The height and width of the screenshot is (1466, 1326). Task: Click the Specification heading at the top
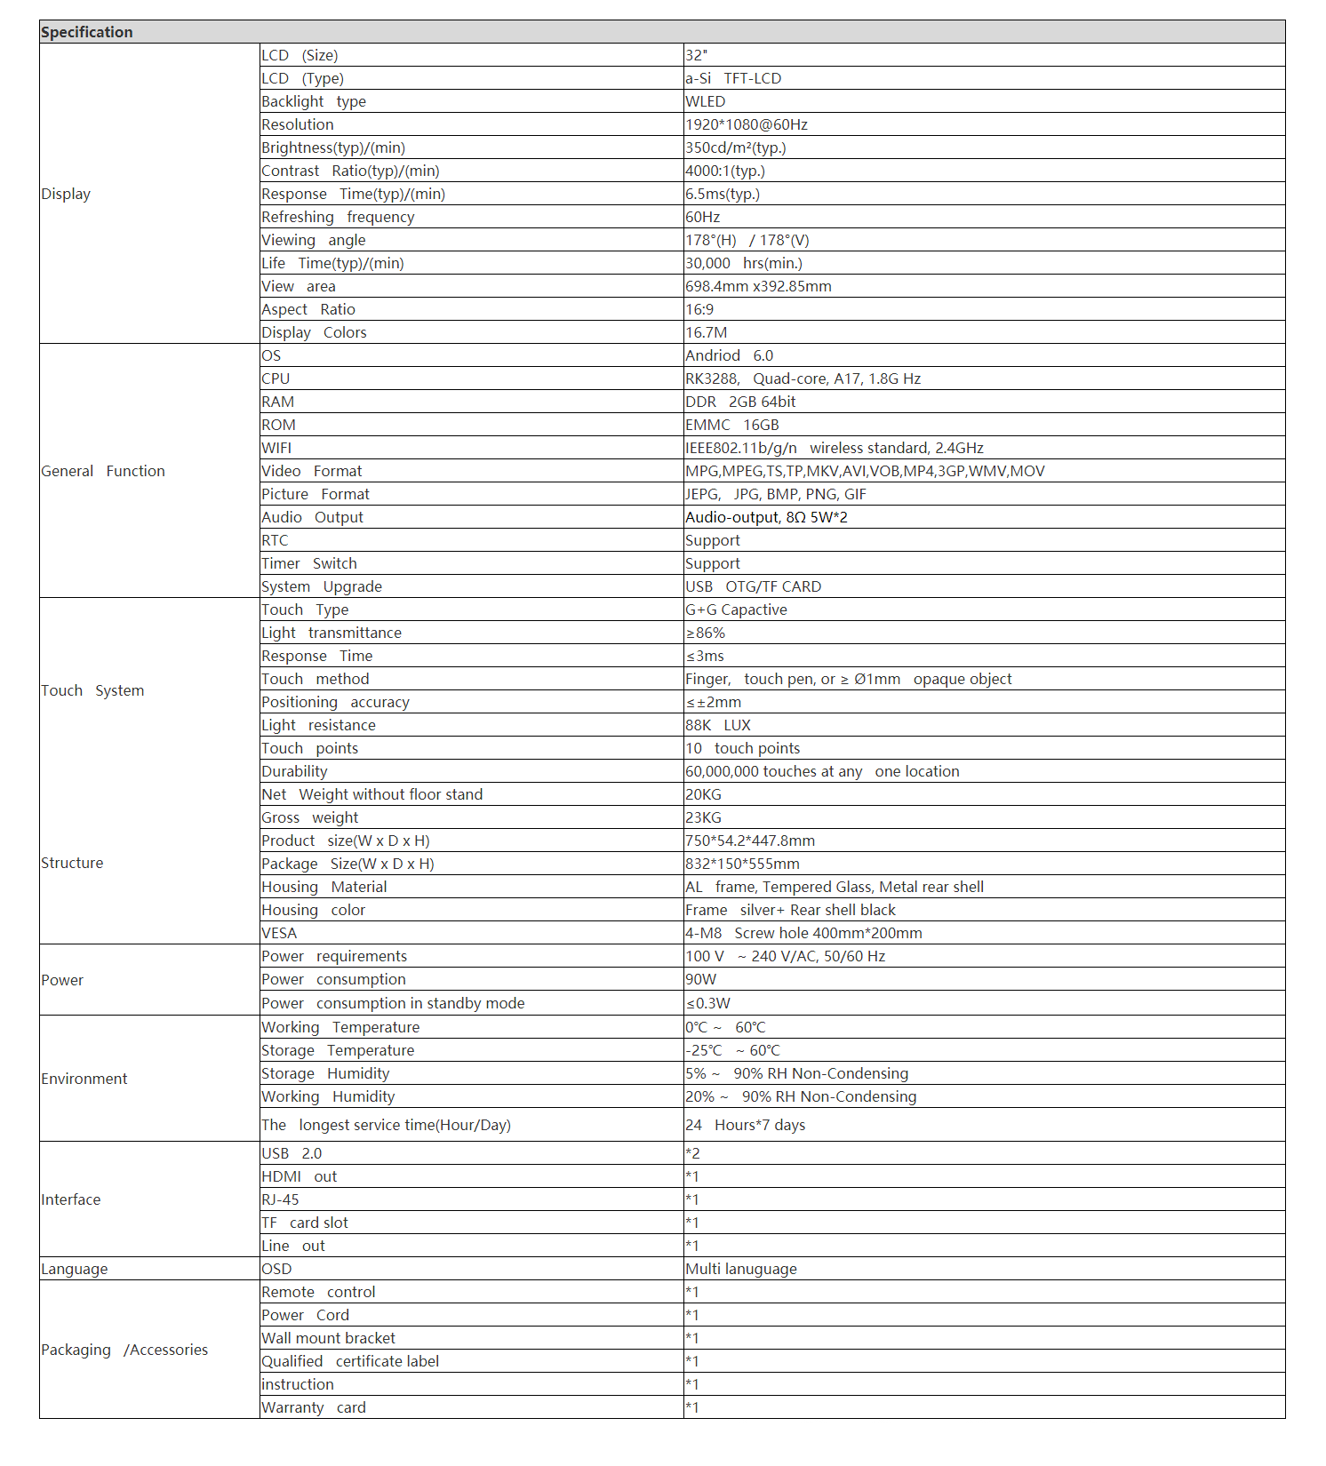pos(87,32)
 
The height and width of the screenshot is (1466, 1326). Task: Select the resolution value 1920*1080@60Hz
pos(747,124)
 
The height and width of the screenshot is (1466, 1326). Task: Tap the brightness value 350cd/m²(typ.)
pos(736,147)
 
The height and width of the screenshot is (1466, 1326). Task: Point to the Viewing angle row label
pos(314,240)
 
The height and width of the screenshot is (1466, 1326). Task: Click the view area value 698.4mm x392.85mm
pos(758,286)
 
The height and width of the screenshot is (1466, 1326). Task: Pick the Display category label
pos(66,194)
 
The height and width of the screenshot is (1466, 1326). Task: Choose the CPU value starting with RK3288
pos(803,378)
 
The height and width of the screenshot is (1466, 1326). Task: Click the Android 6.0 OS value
pos(729,355)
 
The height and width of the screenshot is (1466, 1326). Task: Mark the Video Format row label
pos(312,471)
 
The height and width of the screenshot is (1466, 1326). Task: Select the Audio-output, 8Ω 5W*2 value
pos(766,517)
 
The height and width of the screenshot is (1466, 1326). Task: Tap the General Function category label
pos(103,471)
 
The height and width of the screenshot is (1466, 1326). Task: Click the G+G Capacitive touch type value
pos(736,610)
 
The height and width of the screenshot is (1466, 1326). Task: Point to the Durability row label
pos(294,771)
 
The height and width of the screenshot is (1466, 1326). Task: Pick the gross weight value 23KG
pos(703,817)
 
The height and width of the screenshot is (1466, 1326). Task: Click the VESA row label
pos(279,933)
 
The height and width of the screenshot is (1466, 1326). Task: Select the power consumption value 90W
pos(700,979)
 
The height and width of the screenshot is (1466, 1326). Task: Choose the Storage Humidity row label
pos(325,1073)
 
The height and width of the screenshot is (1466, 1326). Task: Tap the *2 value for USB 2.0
pos(692,1153)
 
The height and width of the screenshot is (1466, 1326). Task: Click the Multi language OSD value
pos(741,1269)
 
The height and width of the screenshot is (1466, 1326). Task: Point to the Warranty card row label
pos(314,1407)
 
